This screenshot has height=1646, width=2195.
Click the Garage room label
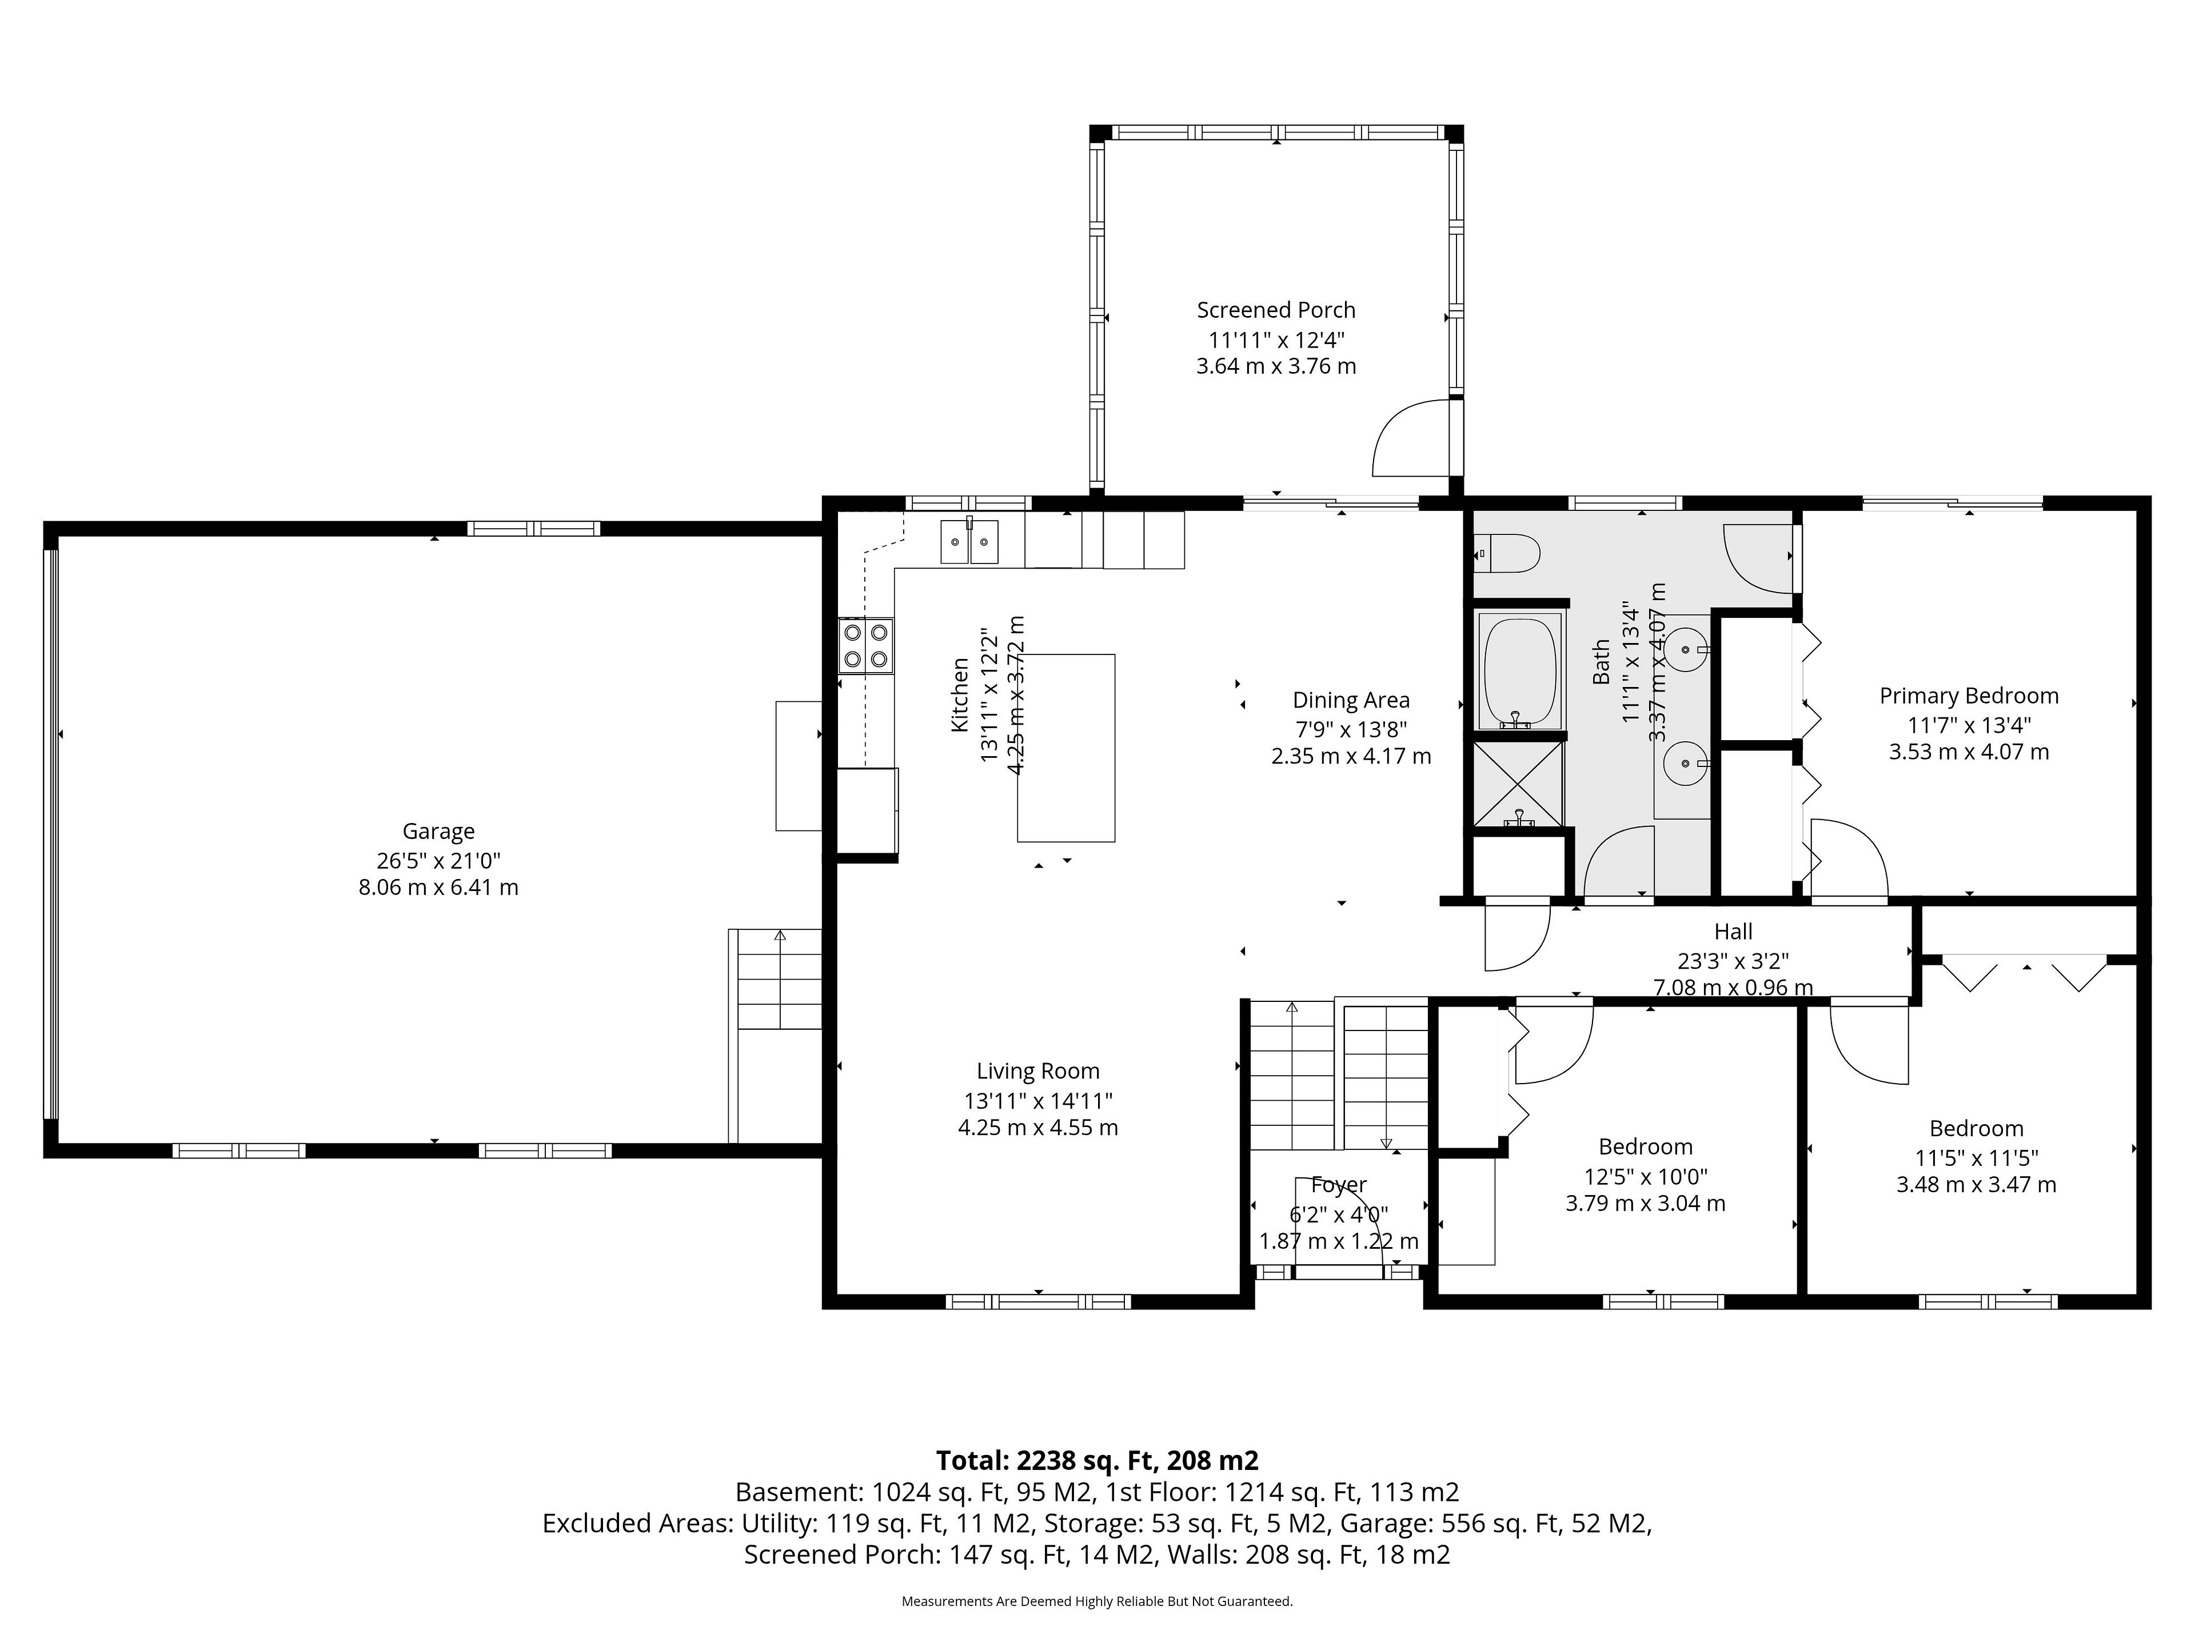click(x=438, y=832)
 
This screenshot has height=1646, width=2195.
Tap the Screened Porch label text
click(x=1276, y=310)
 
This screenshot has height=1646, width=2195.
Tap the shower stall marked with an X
click(x=1518, y=784)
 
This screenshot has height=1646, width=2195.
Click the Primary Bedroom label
click(x=1969, y=697)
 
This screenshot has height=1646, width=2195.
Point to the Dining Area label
click(x=1351, y=701)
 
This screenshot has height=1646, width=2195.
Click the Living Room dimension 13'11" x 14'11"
click(x=1038, y=1100)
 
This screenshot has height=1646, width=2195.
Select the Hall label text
click(x=1734, y=932)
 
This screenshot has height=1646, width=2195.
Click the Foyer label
click(x=1339, y=1185)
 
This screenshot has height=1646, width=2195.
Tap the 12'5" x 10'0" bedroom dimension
click(x=1645, y=1177)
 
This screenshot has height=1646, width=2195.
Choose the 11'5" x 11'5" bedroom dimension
click(x=1977, y=1158)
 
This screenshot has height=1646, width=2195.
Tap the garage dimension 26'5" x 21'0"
click(x=438, y=860)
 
